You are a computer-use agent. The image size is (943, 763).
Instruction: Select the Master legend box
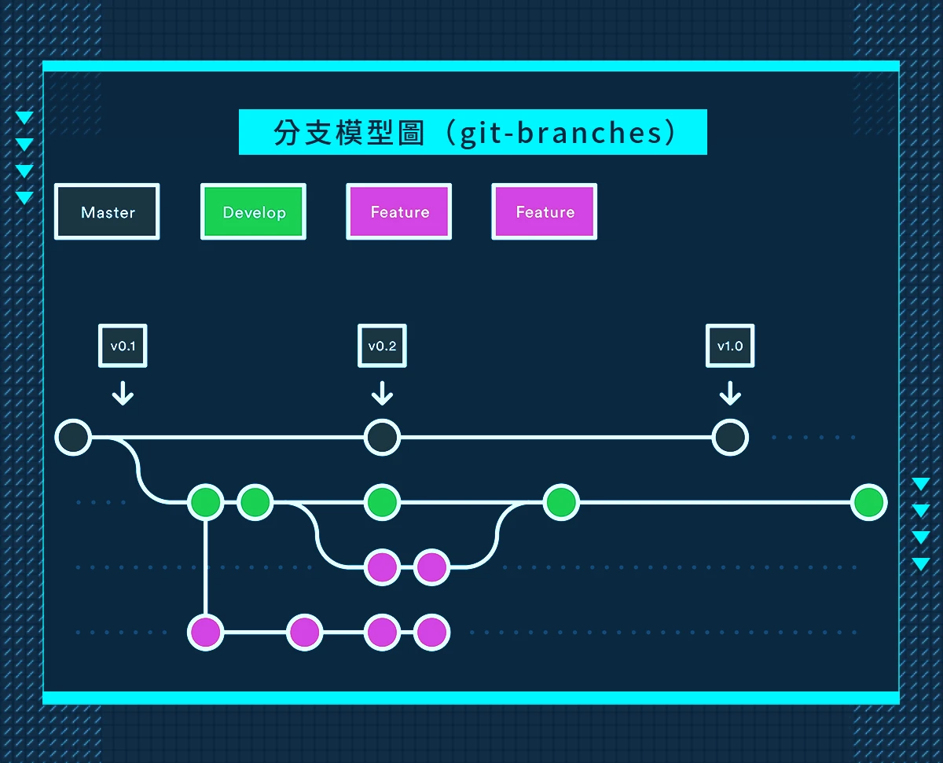[107, 212]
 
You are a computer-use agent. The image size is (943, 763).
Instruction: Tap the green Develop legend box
[253, 212]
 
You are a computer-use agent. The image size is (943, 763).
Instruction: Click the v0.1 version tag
[123, 346]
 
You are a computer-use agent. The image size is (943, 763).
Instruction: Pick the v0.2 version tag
[382, 346]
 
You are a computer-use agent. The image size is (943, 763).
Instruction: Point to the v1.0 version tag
[730, 346]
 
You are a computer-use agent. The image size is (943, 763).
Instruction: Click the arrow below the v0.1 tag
[123, 393]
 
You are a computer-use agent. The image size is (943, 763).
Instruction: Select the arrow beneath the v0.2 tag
[382, 393]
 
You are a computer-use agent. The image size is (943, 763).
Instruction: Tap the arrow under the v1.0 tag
[730, 393]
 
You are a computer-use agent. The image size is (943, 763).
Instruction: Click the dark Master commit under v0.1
[73, 438]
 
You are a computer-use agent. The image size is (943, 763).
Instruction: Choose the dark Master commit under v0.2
[382, 438]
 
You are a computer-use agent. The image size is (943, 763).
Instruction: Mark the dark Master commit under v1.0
[730, 438]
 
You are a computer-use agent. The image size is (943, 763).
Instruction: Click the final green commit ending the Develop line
[868, 502]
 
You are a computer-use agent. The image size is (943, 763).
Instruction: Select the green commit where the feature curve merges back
[561, 502]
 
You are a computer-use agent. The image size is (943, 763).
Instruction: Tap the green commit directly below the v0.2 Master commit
[382, 502]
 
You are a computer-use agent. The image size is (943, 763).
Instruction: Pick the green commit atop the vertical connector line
[205, 502]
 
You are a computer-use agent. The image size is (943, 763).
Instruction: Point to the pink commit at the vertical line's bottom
[205, 632]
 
